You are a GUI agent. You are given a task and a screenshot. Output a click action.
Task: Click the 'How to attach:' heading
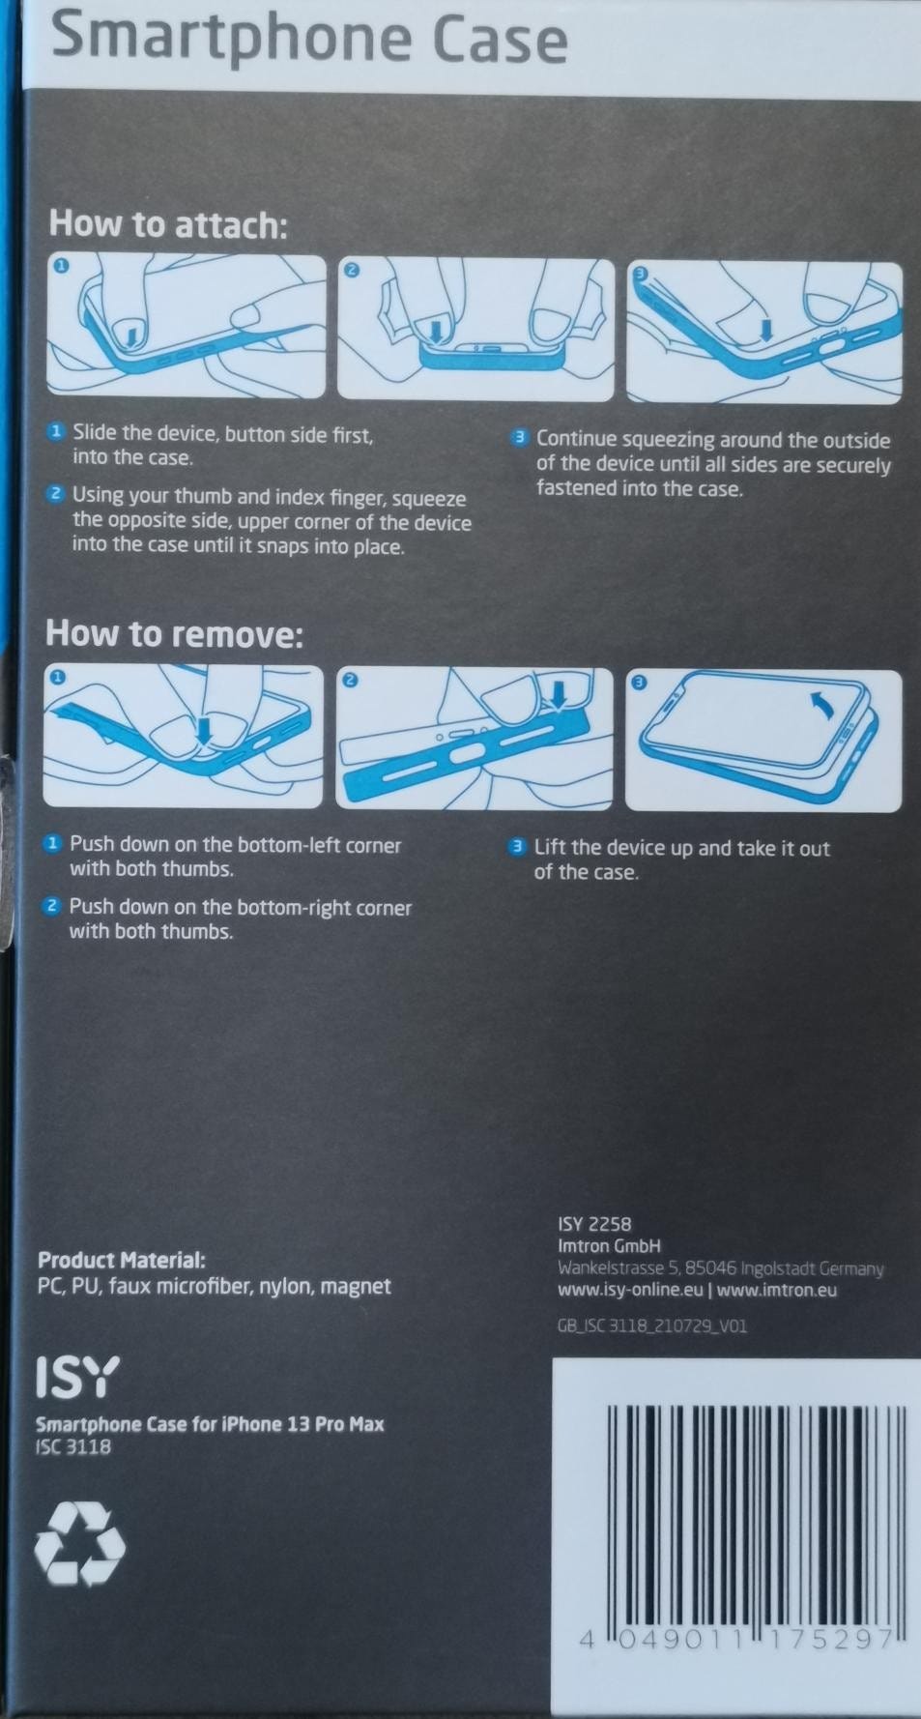(x=168, y=224)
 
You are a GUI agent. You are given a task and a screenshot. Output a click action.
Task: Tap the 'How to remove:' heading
(x=174, y=634)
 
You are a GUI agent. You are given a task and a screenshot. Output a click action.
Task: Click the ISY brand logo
(x=77, y=1377)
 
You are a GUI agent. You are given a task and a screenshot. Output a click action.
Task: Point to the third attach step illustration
(x=763, y=332)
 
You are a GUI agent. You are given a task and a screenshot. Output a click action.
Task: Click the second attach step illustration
(x=475, y=328)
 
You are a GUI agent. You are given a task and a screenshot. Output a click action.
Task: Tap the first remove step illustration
(x=184, y=736)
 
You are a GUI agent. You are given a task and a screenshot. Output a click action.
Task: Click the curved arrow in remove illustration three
(x=823, y=710)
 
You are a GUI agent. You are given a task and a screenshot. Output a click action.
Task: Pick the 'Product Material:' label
(x=122, y=1261)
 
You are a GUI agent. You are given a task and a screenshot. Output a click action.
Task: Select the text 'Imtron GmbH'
(x=609, y=1246)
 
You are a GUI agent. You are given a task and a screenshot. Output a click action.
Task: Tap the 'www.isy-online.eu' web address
(x=630, y=1290)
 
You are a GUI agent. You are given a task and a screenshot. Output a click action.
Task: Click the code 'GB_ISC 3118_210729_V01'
(x=651, y=1326)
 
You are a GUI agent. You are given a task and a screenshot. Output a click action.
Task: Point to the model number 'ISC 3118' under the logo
(x=73, y=1447)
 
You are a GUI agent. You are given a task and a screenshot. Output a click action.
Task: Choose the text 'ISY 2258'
(x=594, y=1224)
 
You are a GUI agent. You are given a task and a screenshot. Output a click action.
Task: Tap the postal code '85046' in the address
(x=711, y=1267)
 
